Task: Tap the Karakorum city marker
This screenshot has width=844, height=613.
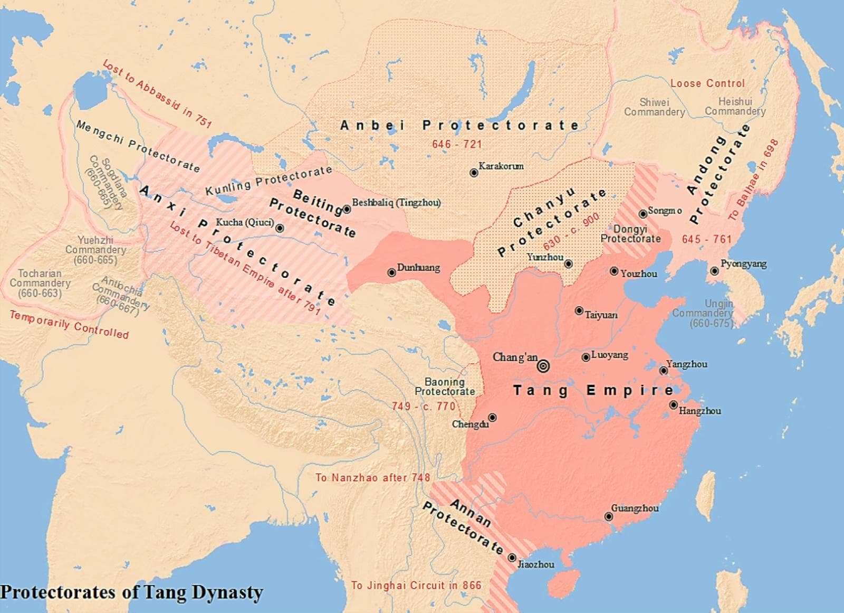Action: [x=474, y=173]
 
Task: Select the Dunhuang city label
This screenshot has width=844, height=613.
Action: [x=418, y=268]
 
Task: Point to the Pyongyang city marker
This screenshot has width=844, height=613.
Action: [x=714, y=271]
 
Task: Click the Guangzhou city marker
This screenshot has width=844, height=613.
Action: [x=609, y=516]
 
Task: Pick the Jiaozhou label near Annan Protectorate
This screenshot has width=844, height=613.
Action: [x=535, y=564]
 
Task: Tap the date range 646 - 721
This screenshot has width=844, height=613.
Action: [x=457, y=144]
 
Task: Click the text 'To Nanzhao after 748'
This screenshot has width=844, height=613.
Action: [x=372, y=477]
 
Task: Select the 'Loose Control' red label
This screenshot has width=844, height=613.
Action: [x=707, y=83]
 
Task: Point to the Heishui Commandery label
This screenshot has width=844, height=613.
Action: [x=735, y=106]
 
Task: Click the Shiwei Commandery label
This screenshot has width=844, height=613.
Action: [x=655, y=107]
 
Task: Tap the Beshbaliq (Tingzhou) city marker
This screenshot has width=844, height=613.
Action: [x=347, y=209]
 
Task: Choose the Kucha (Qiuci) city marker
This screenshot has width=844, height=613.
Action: [x=280, y=228]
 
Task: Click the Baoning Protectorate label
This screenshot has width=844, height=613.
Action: [x=445, y=386]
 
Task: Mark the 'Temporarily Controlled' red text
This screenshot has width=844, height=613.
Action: [x=69, y=324]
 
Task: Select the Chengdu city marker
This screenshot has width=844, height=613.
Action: [x=492, y=418]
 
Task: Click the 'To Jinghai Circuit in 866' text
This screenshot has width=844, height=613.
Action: [x=416, y=585]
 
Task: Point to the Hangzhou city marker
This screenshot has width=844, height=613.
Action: [x=674, y=405]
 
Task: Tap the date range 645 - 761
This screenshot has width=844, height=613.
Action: [x=706, y=239]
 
